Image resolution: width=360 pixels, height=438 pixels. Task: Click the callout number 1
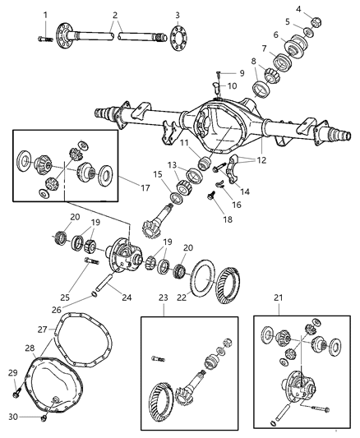(x=44, y=14)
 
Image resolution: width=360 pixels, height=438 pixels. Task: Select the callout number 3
(x=178, y=15)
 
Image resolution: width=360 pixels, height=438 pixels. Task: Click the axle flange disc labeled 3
(x=178, y=38)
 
